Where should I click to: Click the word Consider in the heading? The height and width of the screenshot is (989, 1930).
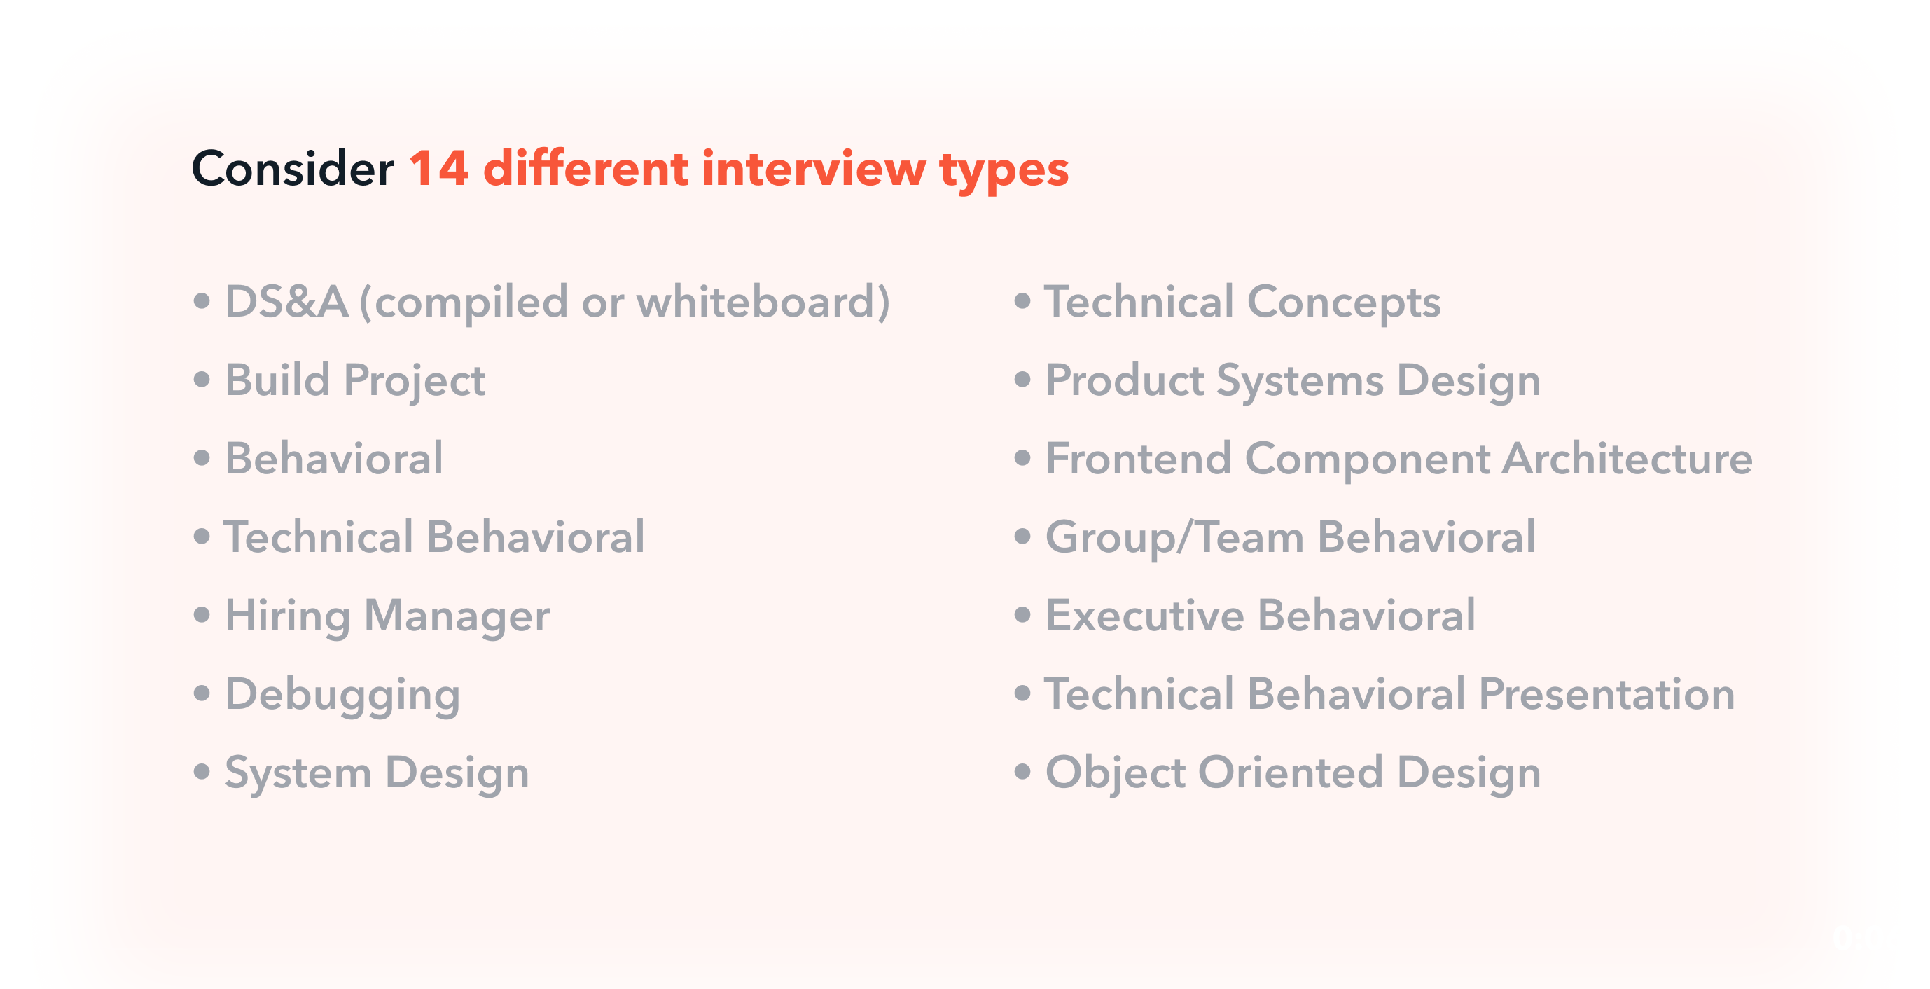[293, 168]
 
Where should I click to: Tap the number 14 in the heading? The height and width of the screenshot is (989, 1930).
[439, 168]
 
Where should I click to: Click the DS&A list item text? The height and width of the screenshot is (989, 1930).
[557, 302]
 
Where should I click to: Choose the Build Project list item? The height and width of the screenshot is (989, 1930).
[355, 381]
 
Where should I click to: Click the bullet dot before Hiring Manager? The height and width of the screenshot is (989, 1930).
[202, 615]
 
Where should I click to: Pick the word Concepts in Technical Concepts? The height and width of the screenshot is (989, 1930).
[1343, 303]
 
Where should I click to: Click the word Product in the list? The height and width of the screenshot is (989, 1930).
[1125, 380]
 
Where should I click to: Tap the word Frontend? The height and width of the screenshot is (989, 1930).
[1138, 459]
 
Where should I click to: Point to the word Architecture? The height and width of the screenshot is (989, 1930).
[1627, 459]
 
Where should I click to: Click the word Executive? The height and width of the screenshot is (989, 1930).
[1145, 616]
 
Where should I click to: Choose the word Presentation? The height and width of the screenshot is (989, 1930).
[1606, 695]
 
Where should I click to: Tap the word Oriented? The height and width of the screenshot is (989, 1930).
[1290, 773]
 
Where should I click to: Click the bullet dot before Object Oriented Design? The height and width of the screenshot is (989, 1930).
[1022, 772]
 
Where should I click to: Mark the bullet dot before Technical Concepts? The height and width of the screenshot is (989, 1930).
[1022, 301]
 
